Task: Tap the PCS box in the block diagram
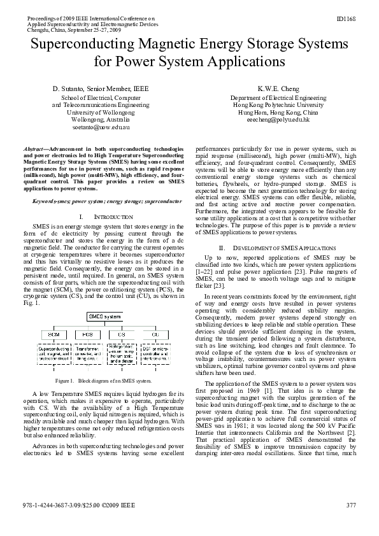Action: click(x=87, y=334)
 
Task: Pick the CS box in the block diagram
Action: click(x=122, y=334)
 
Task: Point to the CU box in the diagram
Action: click(x=156, y=334)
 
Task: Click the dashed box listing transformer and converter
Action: click(x=87, y=354)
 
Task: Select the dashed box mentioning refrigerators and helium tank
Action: click(x=122, y=354)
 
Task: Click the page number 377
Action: click(x=350, y=523)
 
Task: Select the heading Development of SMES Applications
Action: click(x=276, y=247)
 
